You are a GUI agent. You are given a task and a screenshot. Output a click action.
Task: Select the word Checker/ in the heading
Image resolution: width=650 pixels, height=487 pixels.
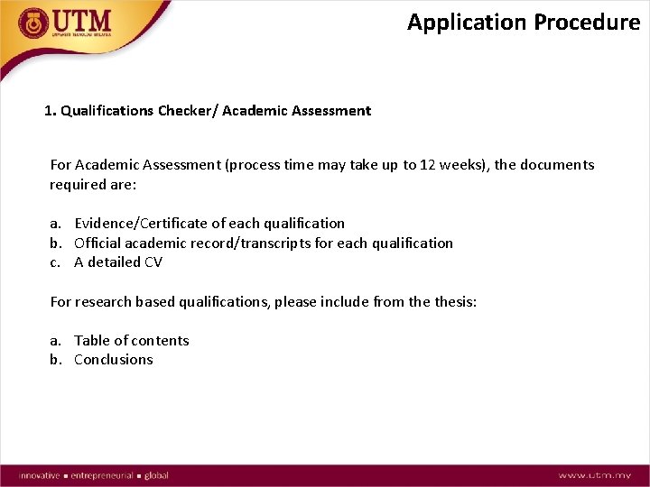click(x=187, y=111)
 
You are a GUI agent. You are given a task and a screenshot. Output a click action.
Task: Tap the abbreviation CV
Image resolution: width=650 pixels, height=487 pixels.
click(x=153, y=262)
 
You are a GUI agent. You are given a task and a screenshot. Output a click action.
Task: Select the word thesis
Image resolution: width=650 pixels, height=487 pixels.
click(x=454, y=302)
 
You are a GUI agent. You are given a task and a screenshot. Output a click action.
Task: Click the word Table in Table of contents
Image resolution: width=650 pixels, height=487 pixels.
click(x=91, y=340)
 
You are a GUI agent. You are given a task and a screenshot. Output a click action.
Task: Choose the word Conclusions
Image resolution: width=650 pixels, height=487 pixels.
click(x=114, y=360)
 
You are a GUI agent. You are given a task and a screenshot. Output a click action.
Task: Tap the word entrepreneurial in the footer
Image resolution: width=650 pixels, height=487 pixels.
click(x=102, y=475)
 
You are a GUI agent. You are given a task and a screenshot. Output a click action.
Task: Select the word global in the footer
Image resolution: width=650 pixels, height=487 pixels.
click(x=156, y=475)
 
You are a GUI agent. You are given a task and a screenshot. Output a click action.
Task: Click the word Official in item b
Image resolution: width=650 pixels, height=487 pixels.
click(x=97, y=243)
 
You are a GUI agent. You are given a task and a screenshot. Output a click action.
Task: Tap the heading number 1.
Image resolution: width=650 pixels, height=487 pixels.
click(x=49, y=111)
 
